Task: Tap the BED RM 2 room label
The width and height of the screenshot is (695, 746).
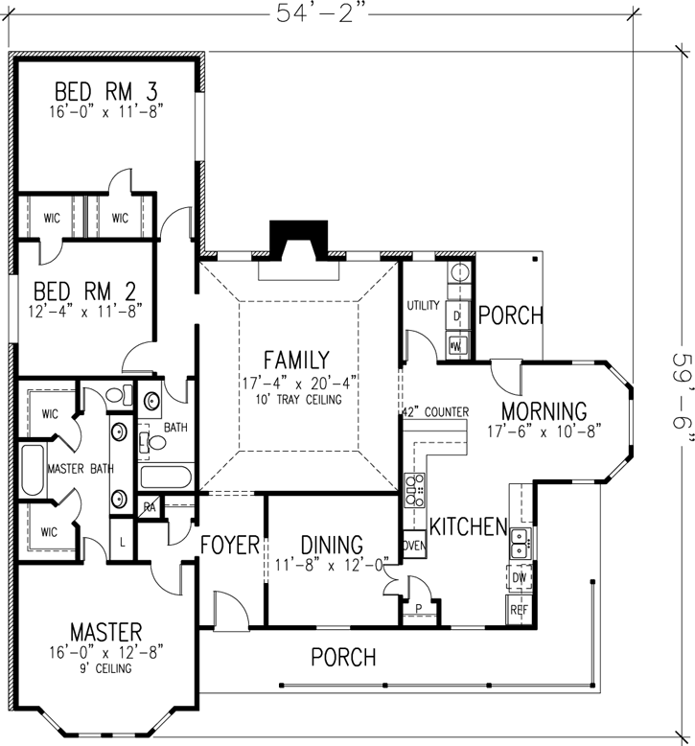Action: click(x=85, y=291)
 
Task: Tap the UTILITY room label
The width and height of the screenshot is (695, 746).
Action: click(x=423, y=306)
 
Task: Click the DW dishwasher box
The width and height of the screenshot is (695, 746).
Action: click(x=519, y=578)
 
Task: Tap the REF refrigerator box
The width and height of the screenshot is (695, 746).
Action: click(x=519, y=609)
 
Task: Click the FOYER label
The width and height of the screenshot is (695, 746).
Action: click(x=230, y=546)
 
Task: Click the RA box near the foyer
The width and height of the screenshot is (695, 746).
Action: click(x=151, y=508)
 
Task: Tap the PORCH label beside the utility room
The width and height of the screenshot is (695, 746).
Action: click(x=511, y=315)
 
